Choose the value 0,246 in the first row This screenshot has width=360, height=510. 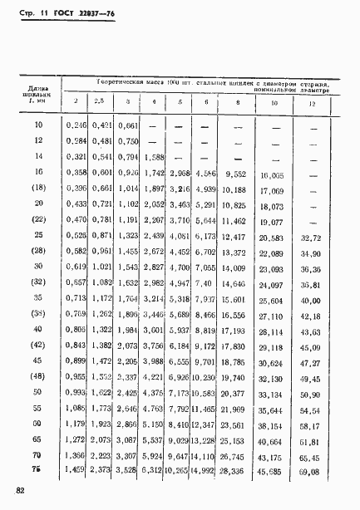point(76,125)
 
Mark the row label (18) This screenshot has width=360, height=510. point(37,189)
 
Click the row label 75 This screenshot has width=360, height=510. point(37,471)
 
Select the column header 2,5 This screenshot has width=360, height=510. point(101,103)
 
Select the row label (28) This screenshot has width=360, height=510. point(37,253)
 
